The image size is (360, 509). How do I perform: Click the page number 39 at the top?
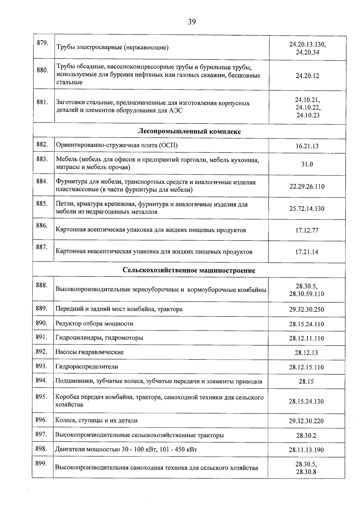(192, 22)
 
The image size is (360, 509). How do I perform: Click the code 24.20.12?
(307, 76)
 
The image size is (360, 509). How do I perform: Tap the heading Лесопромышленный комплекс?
(189, 131)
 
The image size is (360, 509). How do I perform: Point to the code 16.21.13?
(307, 146)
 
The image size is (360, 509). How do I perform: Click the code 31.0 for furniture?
(307, 164)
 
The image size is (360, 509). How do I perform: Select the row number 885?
(42, 204)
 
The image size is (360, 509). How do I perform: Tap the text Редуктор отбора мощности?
(94, 324)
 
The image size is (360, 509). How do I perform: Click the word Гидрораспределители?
(86, 367)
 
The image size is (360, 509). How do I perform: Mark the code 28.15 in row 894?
(306, 382)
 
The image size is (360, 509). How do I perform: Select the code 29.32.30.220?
(306, 421)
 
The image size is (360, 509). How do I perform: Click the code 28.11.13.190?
(306, 450)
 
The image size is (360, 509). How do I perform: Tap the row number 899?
(41, 464)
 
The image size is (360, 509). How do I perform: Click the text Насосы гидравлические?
(89, 352)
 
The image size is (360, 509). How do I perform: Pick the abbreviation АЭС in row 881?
(175, 111)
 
